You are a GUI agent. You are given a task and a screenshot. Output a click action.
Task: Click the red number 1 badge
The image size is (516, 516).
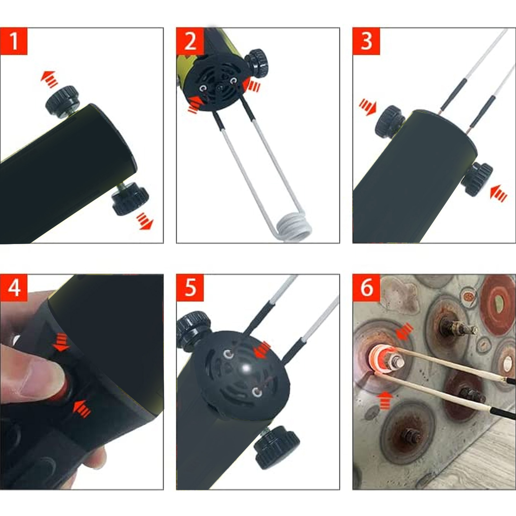click(14, 41)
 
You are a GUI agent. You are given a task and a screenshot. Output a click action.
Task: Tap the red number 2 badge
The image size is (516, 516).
click(190, 41)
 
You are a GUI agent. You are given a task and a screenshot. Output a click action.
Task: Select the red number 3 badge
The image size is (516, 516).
click(366, 41)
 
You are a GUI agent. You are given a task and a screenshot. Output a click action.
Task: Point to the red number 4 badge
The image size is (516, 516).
click(14, 288)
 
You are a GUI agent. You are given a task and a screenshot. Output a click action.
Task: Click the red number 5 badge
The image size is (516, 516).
click(190, 288)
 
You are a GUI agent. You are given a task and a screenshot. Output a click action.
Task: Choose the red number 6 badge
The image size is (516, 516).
click(366, 288)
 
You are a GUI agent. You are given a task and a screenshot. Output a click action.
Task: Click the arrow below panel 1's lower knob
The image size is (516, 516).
click(145, 221)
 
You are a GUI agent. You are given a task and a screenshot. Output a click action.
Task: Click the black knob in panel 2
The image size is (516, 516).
click(257, 63)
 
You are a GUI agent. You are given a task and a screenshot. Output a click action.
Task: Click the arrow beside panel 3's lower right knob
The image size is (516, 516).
click(498, 193)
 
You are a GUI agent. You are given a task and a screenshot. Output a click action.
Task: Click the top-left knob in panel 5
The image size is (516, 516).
click(193, 327)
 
